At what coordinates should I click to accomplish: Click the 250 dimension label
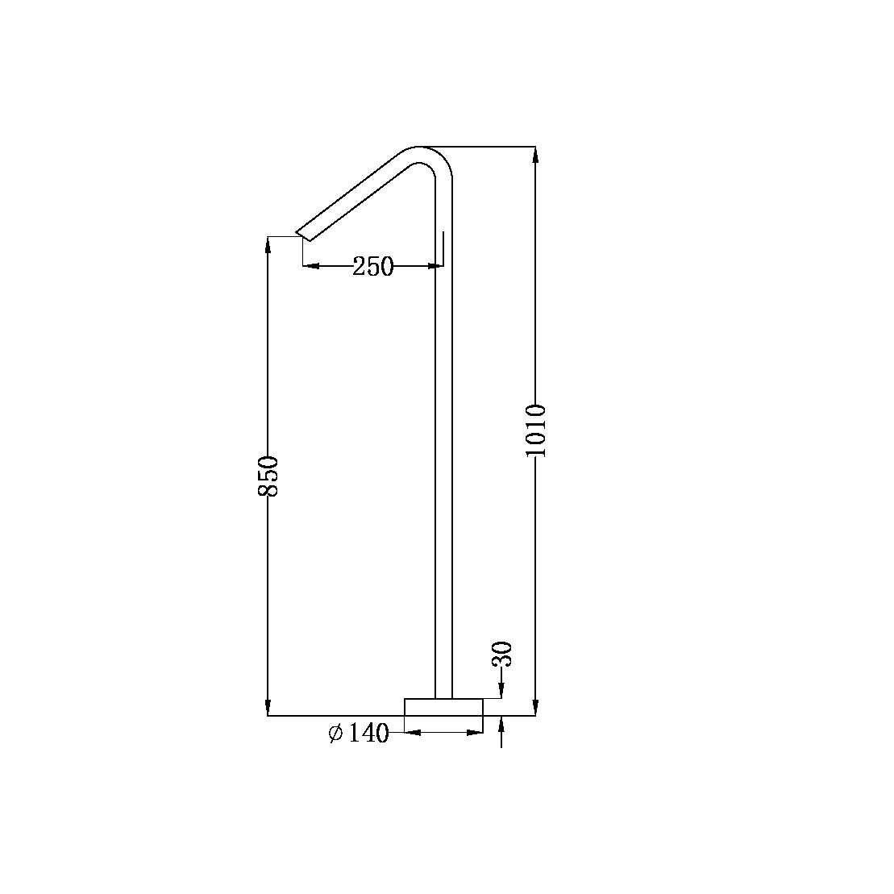coord(372,266)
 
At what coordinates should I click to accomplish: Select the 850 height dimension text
coord(268,476)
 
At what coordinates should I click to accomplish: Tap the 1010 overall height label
coord(536,430)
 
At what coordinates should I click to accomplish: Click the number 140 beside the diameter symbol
coord(368,733)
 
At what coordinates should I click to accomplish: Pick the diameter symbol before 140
coord(336,733)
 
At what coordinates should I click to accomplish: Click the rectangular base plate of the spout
coord(443,707)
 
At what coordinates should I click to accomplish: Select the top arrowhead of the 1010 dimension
coord(535,155)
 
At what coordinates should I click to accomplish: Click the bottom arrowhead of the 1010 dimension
coord(535,708)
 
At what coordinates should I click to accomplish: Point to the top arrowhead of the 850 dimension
coord(268,244)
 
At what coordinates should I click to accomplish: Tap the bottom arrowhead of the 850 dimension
coord(268,708)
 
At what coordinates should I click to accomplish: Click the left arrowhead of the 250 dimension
coord(311,265)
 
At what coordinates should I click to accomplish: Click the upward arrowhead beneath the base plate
coord(501,723)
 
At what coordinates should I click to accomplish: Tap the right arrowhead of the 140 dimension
coord(475,732)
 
